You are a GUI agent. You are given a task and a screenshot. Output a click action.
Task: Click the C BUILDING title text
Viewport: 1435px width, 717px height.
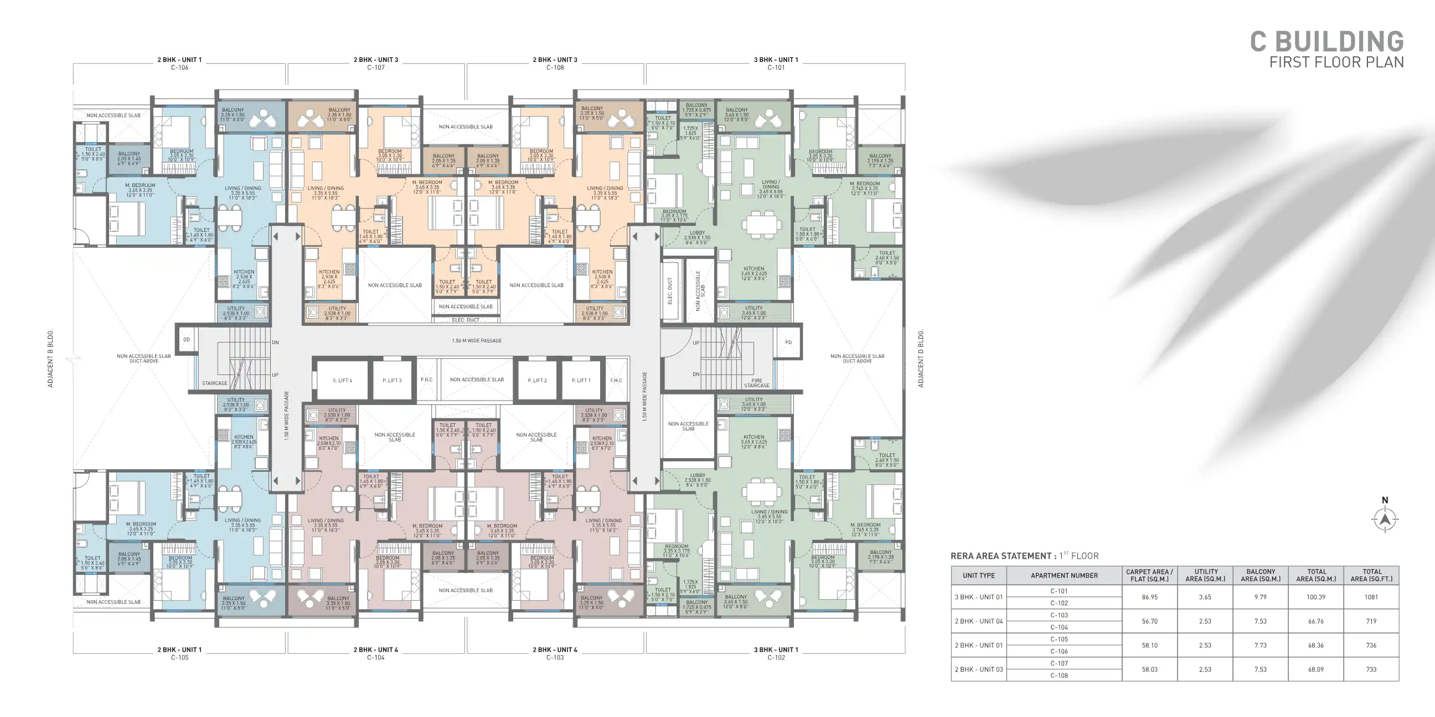(1326, 41)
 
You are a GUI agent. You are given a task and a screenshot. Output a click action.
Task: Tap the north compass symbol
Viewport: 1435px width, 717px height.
(1385, 519)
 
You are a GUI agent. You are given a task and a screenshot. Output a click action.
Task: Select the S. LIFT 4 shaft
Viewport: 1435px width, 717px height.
(342, 381)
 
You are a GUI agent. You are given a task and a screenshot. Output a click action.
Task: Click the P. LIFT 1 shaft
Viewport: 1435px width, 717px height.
(581, 381)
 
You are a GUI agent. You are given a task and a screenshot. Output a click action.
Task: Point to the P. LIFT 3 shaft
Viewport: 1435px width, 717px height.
(391, 381)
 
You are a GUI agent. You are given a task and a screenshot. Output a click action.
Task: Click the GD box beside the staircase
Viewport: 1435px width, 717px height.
(187, 340)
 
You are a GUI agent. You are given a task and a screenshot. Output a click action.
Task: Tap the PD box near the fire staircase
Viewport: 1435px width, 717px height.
(788, 342)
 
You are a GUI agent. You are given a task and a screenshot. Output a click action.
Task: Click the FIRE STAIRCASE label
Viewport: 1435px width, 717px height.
(756, 383)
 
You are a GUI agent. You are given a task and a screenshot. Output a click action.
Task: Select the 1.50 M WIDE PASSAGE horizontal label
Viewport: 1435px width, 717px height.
(476, 341)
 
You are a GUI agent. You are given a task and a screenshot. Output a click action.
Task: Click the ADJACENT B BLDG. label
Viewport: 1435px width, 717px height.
(50, 358)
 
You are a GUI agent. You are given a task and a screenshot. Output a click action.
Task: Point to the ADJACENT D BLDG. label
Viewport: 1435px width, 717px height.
(920, 358)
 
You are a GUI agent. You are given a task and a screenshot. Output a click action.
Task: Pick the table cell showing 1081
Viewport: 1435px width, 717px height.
(1371, 597)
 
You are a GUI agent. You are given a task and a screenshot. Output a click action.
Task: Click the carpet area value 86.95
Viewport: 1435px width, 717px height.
(1149, 597)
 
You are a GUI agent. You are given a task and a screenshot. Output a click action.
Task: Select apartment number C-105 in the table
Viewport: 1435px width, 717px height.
(1059, 639)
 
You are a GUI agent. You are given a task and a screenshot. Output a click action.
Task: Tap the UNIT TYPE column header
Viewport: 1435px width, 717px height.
(978, 575)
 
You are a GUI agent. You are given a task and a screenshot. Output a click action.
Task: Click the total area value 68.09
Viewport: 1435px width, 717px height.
(1316, 669)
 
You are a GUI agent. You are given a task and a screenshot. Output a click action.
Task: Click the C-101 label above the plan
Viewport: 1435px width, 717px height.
(776, 67)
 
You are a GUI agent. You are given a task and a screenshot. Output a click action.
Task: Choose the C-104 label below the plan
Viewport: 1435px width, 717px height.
(375, 657)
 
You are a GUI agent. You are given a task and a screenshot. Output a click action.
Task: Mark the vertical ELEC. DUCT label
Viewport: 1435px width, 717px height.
(669, 290)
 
